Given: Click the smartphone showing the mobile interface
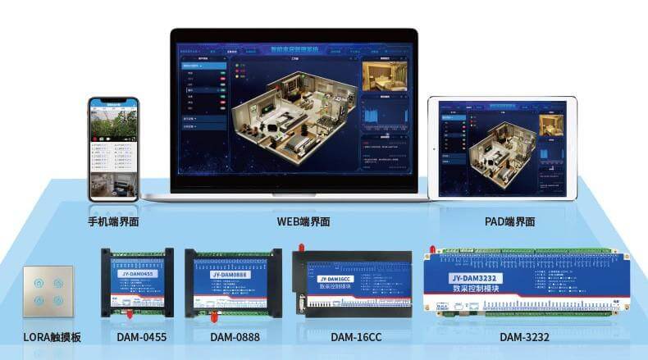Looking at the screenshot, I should (x=114, y=149).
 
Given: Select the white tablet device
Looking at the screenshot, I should (x=501, y=149).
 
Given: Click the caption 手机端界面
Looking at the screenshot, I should (x=113, y=221).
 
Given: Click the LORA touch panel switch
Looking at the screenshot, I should (x=48, y=290).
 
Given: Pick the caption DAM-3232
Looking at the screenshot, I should (x=525, y=337).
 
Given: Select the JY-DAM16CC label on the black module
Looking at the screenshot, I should (x=333, y=280).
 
